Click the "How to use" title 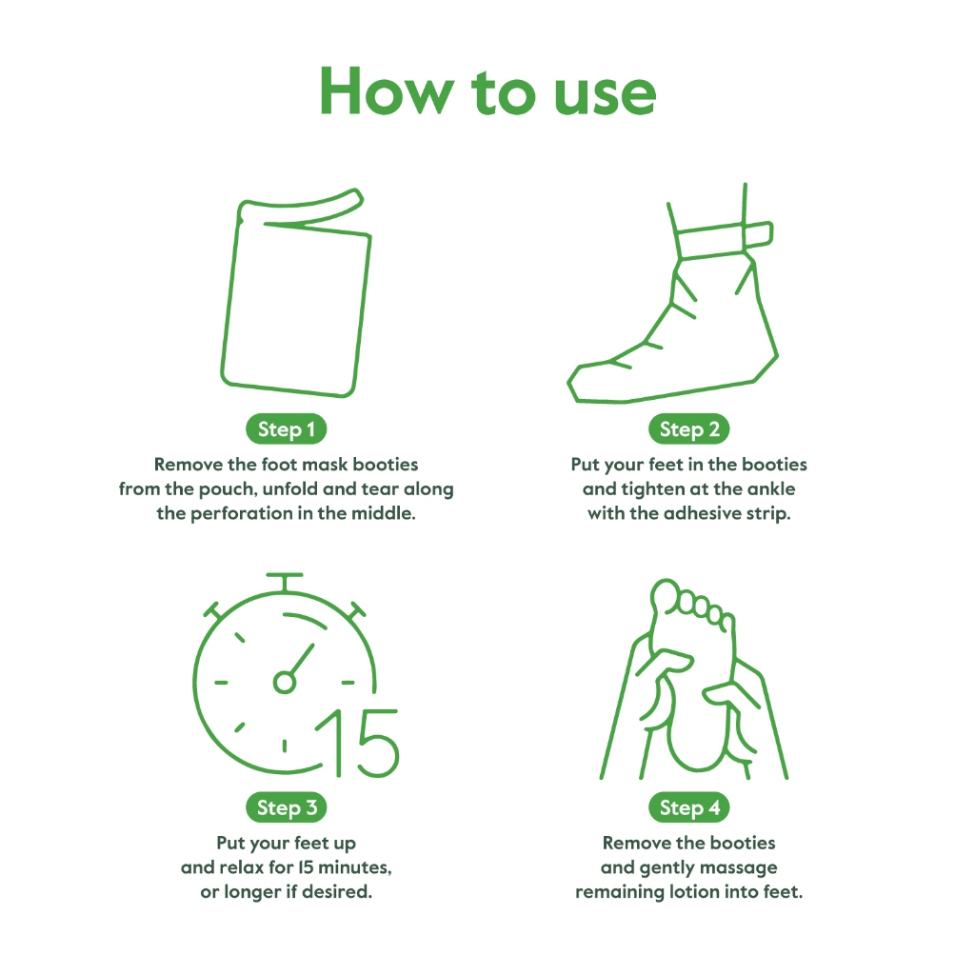pyautogui.click(x=488, y=92)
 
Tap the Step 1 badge pyautogui.click(x=286, y=429)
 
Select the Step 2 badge pyautogui.click(x=689, y=429)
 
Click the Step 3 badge pyautogui.click(x=287, y=807)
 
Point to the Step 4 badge pyautogui.click(x=689, y=807)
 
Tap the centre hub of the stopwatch pyautogui.click(x=284, y=682)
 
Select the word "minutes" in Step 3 pyautogui.click(x=355, y=866)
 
